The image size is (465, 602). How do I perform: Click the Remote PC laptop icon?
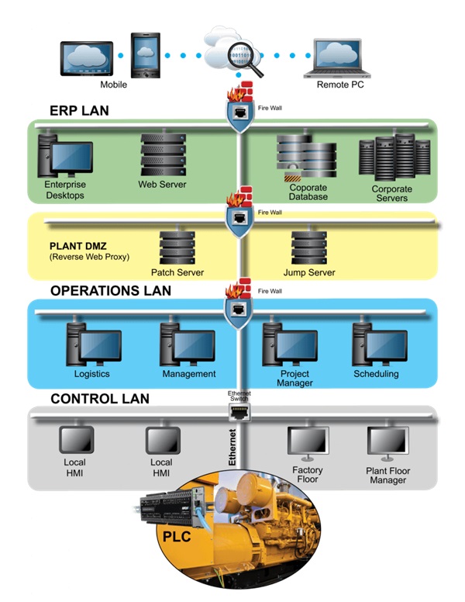point(337,58)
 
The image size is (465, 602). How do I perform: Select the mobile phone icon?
point(146,55)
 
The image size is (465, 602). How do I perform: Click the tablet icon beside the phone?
point(87,58)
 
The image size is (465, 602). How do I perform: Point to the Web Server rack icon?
point(164,154)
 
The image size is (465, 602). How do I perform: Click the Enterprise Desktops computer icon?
point(65,155)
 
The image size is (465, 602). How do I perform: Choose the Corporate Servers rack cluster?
point(394,157)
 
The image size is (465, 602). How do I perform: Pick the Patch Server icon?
point(177,247)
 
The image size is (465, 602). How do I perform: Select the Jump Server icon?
point(309,247)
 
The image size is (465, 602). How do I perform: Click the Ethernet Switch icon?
point(239,413)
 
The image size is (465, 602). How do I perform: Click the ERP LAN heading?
point(79,111)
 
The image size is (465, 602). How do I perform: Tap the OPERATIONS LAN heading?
point(111,291)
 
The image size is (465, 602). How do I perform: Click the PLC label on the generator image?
point(177,536)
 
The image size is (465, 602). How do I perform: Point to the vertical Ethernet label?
point(232,448)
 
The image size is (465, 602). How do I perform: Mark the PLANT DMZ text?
point(77,246)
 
